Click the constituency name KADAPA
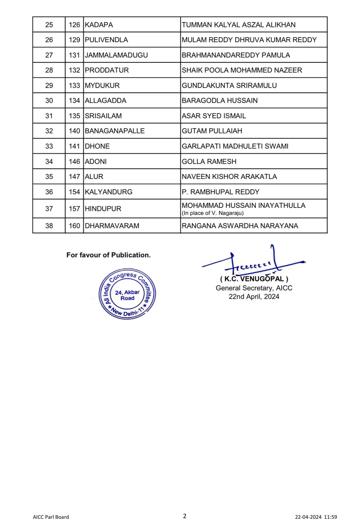coord(99,25)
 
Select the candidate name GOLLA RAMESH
coord(209,161)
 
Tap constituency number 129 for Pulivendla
coord(74,40)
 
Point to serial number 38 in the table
coord(49,226)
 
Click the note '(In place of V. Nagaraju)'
coord(213,213)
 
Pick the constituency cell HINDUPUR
coord(103,208)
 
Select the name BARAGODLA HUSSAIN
coord(220,100)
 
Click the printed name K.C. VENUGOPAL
coord(254,279)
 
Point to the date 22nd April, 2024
coord(254,296)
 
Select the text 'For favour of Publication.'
coord(108,255)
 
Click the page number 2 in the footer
coord(185,516)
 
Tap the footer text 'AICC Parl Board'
coord(51,517)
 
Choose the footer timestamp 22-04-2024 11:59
coord(316,517)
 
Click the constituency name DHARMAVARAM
coord(112,226)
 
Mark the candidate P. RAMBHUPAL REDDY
coord(221,192)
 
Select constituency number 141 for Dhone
coord(74,146)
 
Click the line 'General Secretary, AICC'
coord(254,288)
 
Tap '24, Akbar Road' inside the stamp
coord(127,295)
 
